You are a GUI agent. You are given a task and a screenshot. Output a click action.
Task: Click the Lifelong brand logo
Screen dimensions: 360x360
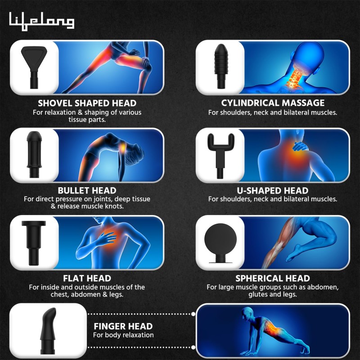pos(41,20)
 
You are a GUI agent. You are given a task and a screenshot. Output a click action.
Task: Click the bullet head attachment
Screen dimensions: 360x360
pos(33,151)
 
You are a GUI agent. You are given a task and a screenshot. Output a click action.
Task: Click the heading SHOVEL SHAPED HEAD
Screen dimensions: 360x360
pos(87,103)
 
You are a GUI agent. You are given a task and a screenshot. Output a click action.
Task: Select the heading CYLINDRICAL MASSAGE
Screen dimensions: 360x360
pos(273,103)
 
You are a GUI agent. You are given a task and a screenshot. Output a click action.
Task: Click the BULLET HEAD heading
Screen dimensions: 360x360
pos(87,190)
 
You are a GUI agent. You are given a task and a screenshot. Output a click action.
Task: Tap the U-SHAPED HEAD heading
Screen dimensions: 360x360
pos(273,190)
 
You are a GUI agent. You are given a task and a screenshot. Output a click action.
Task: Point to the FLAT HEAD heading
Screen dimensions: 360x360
pos(87,278)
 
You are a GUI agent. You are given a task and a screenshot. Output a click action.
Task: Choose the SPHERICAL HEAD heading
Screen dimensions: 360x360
pos(273,278)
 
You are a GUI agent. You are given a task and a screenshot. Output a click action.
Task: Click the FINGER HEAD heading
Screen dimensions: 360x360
pos(123,326)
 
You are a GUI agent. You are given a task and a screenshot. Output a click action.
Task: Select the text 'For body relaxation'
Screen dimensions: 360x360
pos(123,335)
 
